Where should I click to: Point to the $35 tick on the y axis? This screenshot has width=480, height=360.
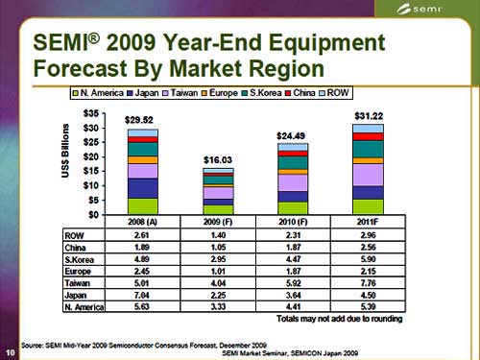pyautogui.click(x=95, y=114)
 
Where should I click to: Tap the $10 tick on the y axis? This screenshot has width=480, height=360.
pyautogui.click(x=95, y=184)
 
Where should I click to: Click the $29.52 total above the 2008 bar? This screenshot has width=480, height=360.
pyautogui.click(x=141, y=120)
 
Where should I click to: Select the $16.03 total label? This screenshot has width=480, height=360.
pyautogui.click(x=220, y=159)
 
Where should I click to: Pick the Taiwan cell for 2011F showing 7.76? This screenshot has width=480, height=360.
pyautogui.click(x=369, y=284)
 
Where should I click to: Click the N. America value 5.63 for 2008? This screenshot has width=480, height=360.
pyautogui.click(x=141, y=308)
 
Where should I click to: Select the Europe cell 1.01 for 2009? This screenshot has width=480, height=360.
pyautogui.click(x=220, y=272)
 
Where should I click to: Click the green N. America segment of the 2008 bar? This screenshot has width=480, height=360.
pyautogui.click(x=142, y=205)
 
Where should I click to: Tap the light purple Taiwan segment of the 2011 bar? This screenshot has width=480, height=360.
pyautogui.click(x=368, y=175)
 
